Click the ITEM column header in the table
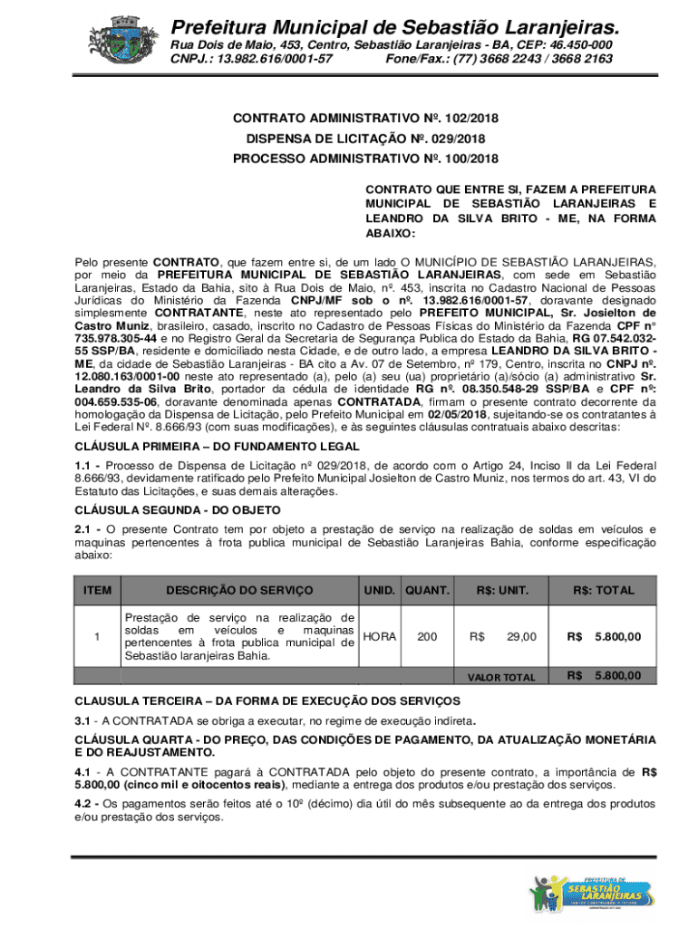coord(97,590)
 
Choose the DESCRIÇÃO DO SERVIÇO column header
coord(239,590)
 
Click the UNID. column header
coord(380,590)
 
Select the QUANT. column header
coord(427,590)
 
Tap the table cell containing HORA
coord(380,636)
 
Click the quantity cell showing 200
coord(427,636)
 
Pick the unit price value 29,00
coord(521,636)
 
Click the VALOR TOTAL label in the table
coord(501,677)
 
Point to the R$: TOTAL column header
coord(603,590)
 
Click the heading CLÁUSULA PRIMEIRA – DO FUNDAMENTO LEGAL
coord(217,447)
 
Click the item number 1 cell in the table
coord(97,636)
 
